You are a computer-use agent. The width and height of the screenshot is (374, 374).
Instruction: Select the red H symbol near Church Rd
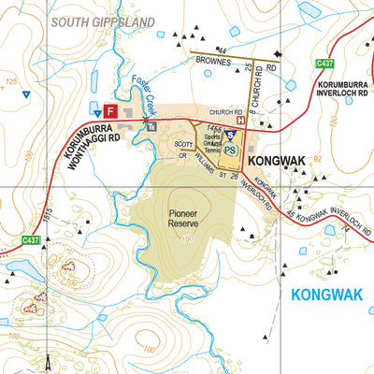pos(242,120)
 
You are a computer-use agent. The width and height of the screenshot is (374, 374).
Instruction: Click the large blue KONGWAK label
pos(325,295)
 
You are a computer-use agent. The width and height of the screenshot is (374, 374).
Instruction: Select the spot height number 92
pos(318,160)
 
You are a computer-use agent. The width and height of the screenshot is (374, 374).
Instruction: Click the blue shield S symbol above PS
pos(231,135)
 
